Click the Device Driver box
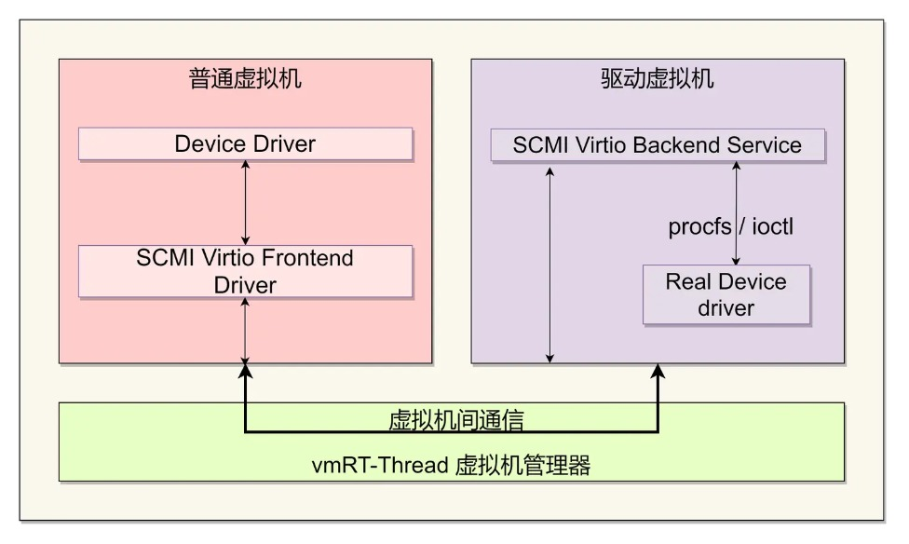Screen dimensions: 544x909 [245, 144]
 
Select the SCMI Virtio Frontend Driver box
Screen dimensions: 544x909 [245, 271]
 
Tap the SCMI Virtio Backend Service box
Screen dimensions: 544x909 [658, 144]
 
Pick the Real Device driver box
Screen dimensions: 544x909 [726, 294]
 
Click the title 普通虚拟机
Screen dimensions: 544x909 [245, 78]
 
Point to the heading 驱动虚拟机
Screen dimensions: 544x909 [658, 78]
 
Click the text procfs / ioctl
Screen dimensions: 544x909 [731, 226]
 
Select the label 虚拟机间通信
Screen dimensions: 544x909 [455, 419]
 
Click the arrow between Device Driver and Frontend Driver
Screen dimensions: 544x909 [245, 202]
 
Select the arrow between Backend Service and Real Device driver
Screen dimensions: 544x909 [737, 213]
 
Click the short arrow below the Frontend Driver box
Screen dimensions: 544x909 [245, 330]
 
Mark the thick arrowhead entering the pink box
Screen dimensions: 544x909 [245, 371]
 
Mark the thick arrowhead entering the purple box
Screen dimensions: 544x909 [658, 371]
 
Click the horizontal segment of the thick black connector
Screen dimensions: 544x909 [451, 432]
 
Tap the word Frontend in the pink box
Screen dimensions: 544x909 [307, 258]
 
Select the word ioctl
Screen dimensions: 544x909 [772, 226]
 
